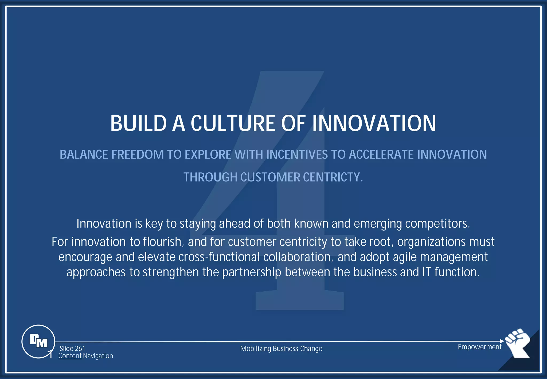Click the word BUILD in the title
coord(138,123)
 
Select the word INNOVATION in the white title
coord(374,123)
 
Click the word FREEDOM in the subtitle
coord(137,154)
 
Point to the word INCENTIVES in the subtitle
coord(297,154)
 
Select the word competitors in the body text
coord(437,223)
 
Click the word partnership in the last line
coord(252,272)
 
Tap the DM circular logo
coord(38,341)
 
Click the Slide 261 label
coord(72,349)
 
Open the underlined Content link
coord(70,356)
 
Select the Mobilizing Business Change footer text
coord(281,349)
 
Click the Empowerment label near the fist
coord(479,347)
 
